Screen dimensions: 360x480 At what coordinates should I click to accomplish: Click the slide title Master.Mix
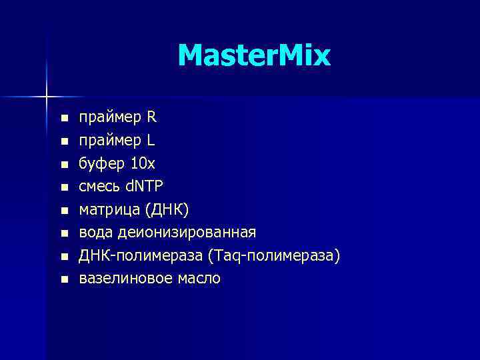254,56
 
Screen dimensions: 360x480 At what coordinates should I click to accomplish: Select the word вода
97,233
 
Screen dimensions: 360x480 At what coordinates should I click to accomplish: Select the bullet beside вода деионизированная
64,234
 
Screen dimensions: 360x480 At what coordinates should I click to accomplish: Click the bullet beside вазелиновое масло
64,279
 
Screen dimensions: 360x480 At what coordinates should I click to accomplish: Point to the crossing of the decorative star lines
46,97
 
